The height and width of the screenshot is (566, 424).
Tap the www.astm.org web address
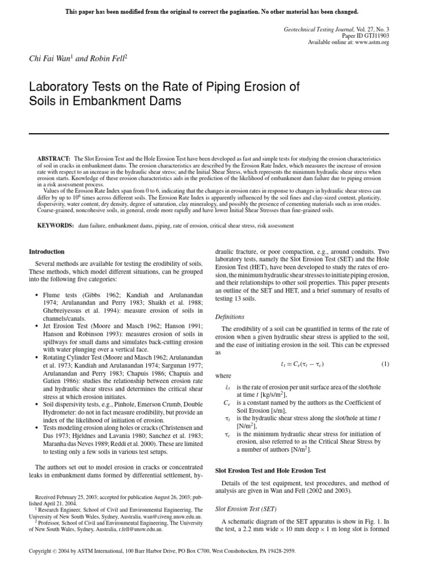pos(372,43)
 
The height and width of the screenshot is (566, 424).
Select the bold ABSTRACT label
pos(54,159)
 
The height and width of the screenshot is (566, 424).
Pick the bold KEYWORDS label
pos(55,226)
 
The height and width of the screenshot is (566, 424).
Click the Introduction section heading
pos(46,251)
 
